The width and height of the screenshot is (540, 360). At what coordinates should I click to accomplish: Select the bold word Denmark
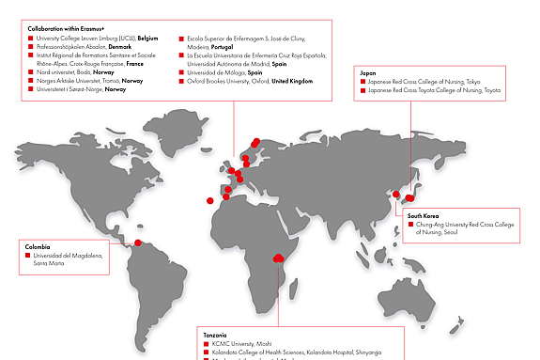coord(119,46)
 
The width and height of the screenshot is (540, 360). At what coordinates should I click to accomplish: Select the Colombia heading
coord(37,246)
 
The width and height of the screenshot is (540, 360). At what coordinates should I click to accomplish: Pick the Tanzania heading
coord(215,335)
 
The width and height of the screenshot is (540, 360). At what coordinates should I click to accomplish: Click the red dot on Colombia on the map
coord(138,243)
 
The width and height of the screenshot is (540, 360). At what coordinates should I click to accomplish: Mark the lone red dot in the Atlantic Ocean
coord(210,200)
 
